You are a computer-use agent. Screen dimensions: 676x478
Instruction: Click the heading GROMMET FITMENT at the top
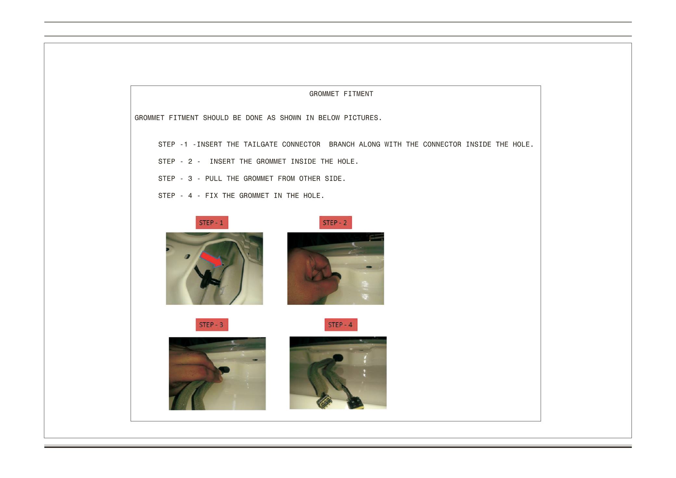click(341, 94)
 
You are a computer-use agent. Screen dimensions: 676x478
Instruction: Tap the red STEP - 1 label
click(212, 223)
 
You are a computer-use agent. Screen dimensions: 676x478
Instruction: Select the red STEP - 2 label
click(335, 223)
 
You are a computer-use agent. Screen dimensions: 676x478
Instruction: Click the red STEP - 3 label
click(212, 325)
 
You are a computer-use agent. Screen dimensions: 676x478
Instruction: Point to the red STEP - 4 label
click(341, 325)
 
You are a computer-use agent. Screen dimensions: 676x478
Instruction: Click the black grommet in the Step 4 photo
click(338, 357)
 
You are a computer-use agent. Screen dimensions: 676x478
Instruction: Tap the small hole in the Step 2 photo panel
click(369, 267)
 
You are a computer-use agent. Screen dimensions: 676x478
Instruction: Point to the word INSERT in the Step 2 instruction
click(222, 162)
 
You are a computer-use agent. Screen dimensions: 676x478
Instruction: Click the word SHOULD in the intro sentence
click(216, 118)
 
